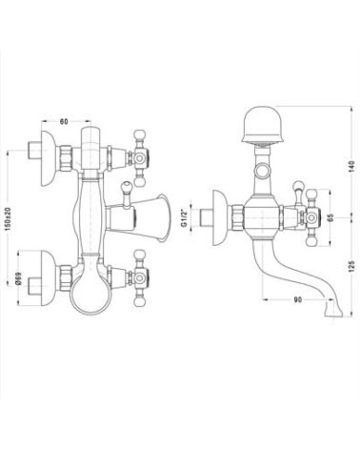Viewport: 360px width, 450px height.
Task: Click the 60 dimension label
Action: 64,121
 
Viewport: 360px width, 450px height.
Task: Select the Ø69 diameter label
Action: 18,278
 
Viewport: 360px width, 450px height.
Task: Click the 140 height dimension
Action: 350,167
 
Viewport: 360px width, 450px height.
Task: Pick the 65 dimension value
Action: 330,217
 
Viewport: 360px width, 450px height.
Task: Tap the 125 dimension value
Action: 350,266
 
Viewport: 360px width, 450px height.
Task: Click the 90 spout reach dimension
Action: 297,299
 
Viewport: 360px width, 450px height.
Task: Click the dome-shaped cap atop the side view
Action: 263,126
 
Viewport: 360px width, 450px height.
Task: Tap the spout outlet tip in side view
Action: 333,309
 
